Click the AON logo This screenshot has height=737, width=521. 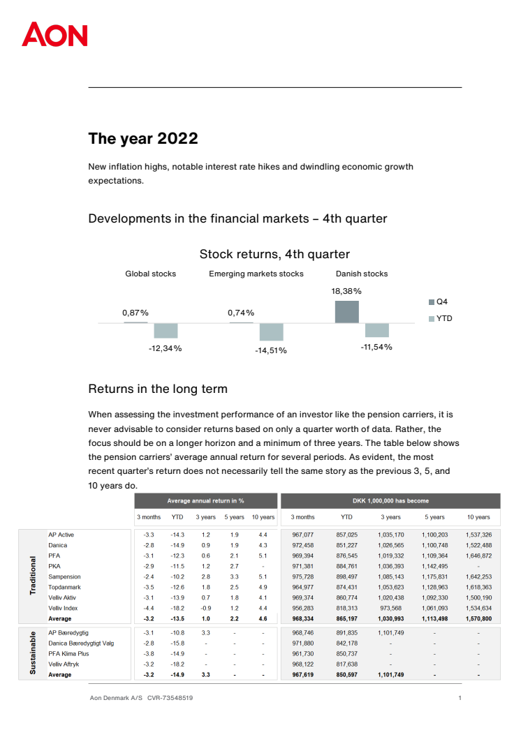(x=54, y=34)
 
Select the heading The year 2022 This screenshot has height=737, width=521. (x=143, y=138)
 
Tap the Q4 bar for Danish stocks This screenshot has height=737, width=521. (x=347, y=312)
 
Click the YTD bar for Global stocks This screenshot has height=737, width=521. (x=166, y=330)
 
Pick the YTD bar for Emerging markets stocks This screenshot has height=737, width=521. (x=272, y=332)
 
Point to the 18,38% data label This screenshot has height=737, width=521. (x=346, y=290)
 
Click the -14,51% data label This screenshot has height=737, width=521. (x=271, y=350)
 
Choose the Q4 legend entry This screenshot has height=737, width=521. (x=438, y=301)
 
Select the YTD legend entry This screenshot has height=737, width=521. (x=439, y=318)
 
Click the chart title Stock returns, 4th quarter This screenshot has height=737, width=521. (x=274, y=254)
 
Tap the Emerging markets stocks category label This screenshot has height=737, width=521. (x=256, y=274)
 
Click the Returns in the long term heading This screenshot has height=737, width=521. (x=158, y=389)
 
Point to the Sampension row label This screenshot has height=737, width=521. (x=64, y=577)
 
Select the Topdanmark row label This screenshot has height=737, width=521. (x=65, y=588)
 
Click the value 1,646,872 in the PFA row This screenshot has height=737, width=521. (x=480, y=556)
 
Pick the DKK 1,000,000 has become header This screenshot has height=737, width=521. (x=391, y=500)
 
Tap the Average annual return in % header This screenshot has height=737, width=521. (x=205, y=500)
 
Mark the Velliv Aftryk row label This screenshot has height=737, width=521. (x=64, y=664)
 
